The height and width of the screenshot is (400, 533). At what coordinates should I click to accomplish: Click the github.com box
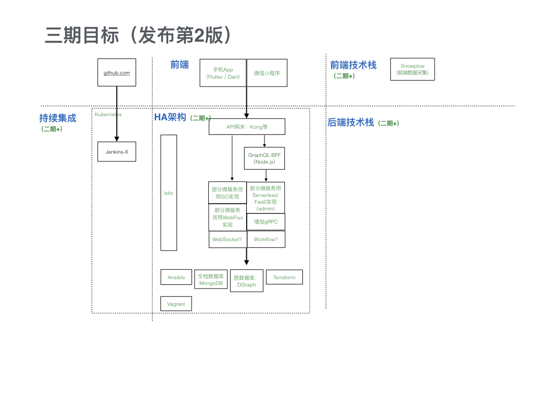click(x=117, y=72)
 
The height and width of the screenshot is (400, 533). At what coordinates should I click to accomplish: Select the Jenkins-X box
click(x=117, y=152)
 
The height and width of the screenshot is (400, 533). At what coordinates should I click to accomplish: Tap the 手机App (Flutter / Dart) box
click(x=223, y=73)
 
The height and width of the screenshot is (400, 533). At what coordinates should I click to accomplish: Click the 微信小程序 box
click(x=267, y=73)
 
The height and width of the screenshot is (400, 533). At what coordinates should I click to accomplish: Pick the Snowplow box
click(x=412, y=69)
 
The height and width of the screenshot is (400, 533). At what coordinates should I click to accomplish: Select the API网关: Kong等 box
click(x=247, y=127)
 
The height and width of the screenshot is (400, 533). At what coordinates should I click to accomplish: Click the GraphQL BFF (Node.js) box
click(x=264, y=158)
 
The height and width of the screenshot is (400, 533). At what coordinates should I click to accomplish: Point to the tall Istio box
click(x=169, y=193)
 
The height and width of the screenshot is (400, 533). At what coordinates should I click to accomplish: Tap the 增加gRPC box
click(x=266, y=221)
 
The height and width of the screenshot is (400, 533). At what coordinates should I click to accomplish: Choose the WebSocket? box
click(x=227, y=239)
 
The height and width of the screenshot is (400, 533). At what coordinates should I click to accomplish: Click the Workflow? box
click(x=266, y=239)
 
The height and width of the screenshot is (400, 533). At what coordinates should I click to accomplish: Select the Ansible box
click(x=176, y=277)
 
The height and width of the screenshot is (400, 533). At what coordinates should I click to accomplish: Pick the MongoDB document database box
click(x=211, y=279)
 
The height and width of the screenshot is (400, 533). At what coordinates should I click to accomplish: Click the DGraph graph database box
click(x=246, y=281)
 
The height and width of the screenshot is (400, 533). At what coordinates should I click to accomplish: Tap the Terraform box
click(x=284, y=277)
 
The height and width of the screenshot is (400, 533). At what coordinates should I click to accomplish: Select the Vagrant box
click(x=176, y=304)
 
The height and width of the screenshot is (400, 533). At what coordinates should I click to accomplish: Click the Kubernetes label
click(x=108, y=114)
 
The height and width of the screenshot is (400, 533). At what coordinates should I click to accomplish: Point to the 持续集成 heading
click(x=58, y=118)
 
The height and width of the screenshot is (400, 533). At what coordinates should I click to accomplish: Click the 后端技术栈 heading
click(x=350, y=122)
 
